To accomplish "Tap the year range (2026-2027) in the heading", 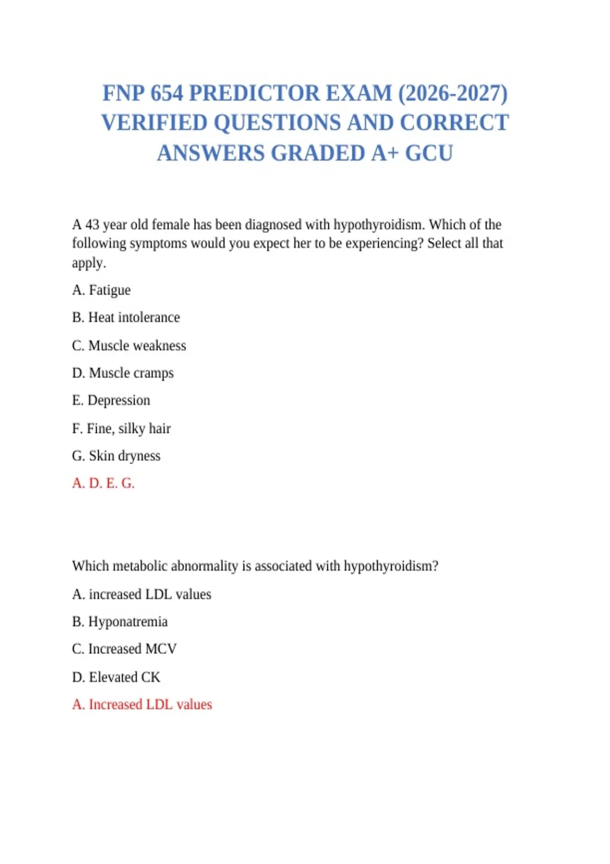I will pos(452,94).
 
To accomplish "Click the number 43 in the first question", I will pos(92,225).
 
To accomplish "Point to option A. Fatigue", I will pos(101,290).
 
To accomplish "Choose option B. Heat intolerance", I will pos(126,318).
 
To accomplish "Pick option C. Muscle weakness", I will pos(129,346).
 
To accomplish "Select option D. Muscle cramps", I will pos(123,373).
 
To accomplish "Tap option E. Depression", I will pos(111,400).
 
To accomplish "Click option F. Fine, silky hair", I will pos(121,428).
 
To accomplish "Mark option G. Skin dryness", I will pos(116,456).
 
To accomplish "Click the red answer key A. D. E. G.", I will pos(103,483).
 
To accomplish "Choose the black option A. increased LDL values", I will pos(141,594).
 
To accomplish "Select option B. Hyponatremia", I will pos(119,622).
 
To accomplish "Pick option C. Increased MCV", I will pos(124,649).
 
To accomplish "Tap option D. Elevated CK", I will pos(116,677).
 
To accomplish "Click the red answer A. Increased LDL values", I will pos(142,704).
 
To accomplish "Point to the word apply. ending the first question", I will pos(89,263).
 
